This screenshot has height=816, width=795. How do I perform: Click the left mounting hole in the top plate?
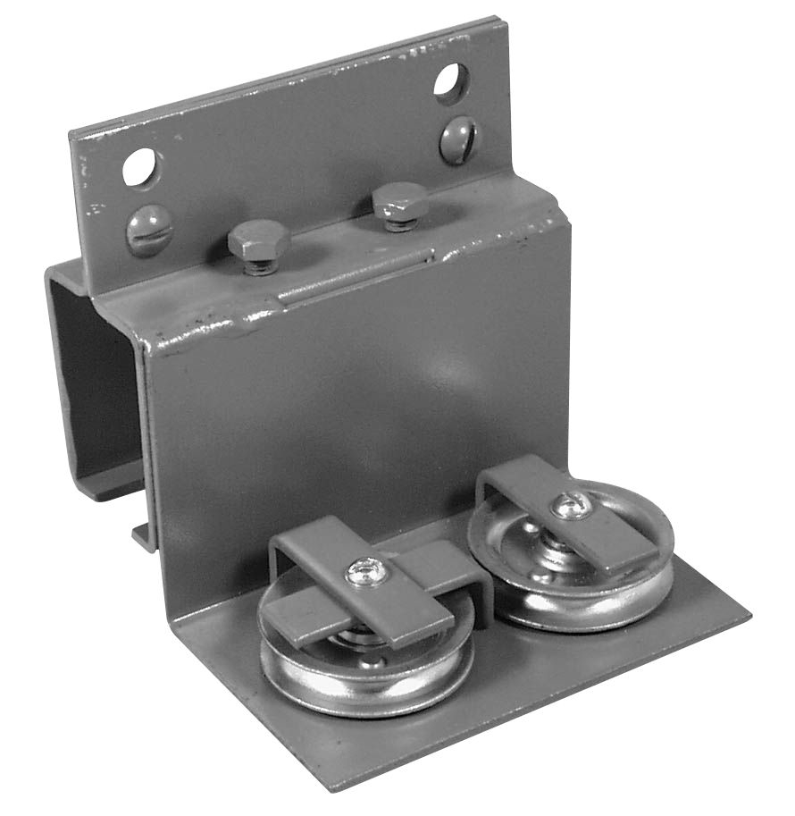tap(141, 167)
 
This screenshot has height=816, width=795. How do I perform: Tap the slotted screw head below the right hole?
tap(458, 140)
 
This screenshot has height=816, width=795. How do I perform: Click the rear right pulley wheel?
tap(572, 572)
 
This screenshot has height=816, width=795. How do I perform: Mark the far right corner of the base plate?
tap(749, 617)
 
